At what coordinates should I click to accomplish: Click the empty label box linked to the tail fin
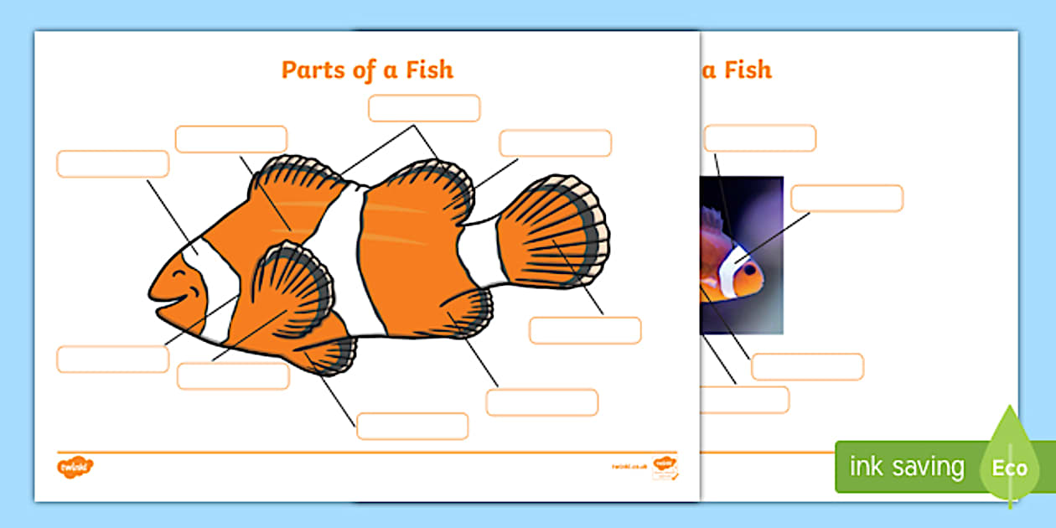point(585,330)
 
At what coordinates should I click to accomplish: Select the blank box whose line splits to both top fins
point(424,108)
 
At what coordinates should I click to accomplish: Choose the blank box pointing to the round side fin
point(233,376)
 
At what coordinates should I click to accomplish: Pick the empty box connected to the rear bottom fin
point(542,402)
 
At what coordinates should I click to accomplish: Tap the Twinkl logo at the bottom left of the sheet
point(75,467)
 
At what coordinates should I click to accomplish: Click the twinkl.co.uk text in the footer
point(628,466)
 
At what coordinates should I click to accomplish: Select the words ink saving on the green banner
point(907,467)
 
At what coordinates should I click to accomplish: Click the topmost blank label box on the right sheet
point(760,138)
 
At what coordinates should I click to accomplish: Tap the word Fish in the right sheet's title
point(748,70)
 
